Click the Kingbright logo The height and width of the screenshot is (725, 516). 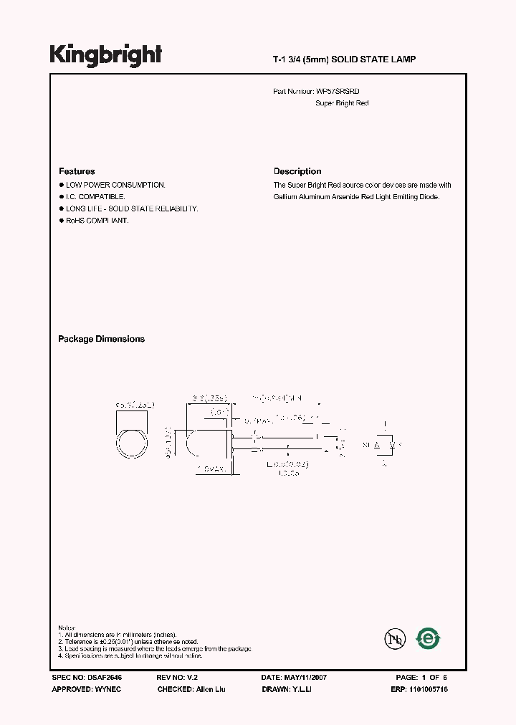[x=105, y=56]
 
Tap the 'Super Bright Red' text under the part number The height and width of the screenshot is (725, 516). [x=342, y=103]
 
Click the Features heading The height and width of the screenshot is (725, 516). [x=77, y=171]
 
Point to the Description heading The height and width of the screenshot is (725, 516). [x=297, y=171]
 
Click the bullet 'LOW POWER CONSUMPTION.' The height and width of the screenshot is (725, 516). [x=115, y=185]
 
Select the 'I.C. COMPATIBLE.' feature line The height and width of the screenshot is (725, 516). [x=95, y=196]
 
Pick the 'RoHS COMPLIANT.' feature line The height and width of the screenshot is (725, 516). [x=97, y=221]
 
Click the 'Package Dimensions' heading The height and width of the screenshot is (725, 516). [x=101, y=339]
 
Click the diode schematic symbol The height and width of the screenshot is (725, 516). [x=384, y=445]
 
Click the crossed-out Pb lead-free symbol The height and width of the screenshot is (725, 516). [x=393, y=638]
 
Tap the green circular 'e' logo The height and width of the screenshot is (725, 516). [x=429, y=638]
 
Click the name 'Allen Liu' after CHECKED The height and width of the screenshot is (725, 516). [x=211, y=688]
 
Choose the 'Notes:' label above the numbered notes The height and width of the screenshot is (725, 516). [x=67, y=628]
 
